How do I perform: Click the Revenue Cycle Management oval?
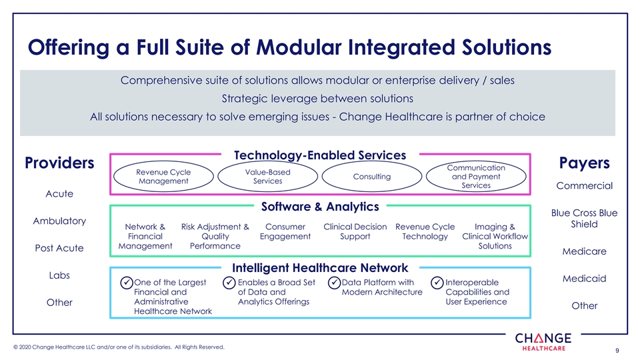pyautogui.click(x=163, y=177)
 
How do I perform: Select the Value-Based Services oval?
pyautogui.click(x=268, y=177)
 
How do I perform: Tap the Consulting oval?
pyautogui.click(x=372, y=177)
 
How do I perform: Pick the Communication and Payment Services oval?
pyautogui.click(x=476, y=177)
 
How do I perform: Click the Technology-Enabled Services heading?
pyautogui.click(x=320, y=155)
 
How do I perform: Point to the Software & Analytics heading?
pyautogui.click(x=320, y=207)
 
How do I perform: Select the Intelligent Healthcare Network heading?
pyautogui.click(x=320, y=268)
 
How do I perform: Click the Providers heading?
pyautogui.click(x=59, y=163)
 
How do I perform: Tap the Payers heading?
pyautogui.click(x=584, y=163)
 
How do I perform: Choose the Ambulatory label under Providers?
pyautogui.click(x=59, y=221)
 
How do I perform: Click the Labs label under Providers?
pyautogui.click(x=59, y=275)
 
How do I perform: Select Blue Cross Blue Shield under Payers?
pyautogui.click(x=584, y=219)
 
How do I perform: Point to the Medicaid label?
pyautogui.click(x=584, y=279)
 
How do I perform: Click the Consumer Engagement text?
pyautogui.click(x=285, y=231)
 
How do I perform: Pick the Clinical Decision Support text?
pyautogui.click(x=355, y=231)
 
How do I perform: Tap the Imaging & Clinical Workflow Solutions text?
pyautogui.click(x=495, y=236)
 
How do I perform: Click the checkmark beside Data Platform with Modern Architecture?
pyautogui.click(x=334, y=283)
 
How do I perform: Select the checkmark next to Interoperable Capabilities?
pyautogui.click(x=437, y=283)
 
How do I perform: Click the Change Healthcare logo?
pyautogui.click(x=543, y=341)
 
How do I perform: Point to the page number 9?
pyautogui.click(x=617, y=350)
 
